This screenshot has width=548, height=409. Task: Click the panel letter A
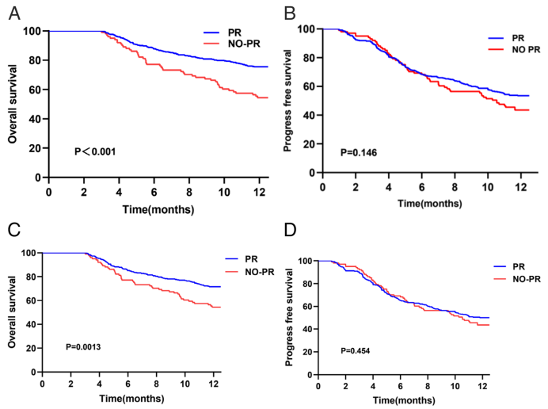tap(14, 13)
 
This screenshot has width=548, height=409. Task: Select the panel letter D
tap(290, 230)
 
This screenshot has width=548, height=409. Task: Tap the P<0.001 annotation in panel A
tap(95, 151)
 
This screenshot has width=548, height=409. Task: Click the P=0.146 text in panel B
tap(359, 152)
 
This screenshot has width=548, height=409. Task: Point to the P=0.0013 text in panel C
tap(83, 346)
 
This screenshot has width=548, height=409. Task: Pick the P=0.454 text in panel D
tap(355, 350)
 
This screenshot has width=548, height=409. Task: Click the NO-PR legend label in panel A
tap(244, 44)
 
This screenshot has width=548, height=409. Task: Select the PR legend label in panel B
tap(518, 38)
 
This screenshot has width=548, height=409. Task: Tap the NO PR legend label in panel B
tap(526, 50)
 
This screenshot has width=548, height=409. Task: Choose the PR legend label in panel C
tap(251, 259)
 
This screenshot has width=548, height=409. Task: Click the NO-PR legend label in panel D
tap(527, 279)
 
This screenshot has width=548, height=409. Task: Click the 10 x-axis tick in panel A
tap(224, 192)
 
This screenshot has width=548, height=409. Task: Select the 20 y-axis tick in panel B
tap(307, 143)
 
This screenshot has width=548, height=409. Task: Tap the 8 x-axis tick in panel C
tap(156, 384)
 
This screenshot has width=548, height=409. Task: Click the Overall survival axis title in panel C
tap(12, 312)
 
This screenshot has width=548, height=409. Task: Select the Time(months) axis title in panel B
tap(429, 203)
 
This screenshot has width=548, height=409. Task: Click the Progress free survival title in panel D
tap(289, 317)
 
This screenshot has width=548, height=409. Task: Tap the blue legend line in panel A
tap(211, 32)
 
